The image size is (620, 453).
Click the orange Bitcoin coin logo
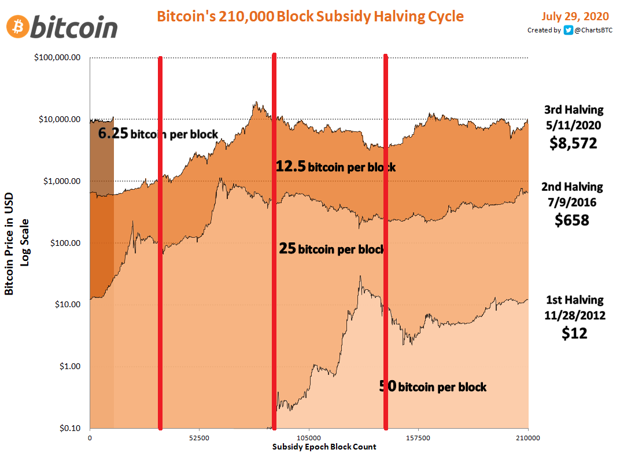tap(18, 26)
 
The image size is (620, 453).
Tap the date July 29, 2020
tap(577, 16)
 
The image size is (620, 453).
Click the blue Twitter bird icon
tap(569, 30)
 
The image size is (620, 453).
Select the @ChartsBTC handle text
tap(593, 30)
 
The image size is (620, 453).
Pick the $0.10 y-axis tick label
tap(70, 428)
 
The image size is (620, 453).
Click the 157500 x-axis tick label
tap(418, 438)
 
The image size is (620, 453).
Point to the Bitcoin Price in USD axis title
tap(10, 242)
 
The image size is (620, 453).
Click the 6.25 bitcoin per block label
tap(158, 134)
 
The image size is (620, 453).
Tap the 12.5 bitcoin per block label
tap(335, 167)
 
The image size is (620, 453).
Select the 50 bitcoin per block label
tap(433, 386)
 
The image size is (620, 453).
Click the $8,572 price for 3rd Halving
tap(573, 143)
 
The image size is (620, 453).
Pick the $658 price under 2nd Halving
tap(572, 220)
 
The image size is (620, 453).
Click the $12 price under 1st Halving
tap(574, 333)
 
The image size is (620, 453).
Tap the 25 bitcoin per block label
tap(332, 249)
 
